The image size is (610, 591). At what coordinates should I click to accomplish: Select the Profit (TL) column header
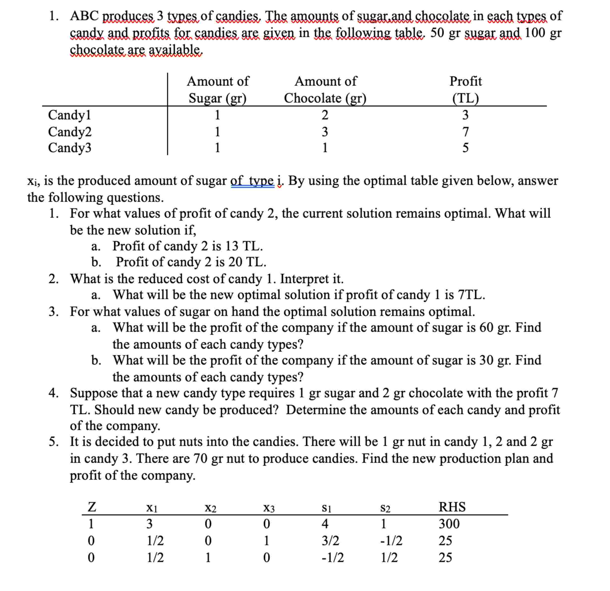point(465,90)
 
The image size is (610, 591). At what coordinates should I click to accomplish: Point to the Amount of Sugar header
point(218,90)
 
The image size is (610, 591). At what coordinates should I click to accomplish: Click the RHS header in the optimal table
point(452,507)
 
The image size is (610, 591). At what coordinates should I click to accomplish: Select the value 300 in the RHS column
point(449,524)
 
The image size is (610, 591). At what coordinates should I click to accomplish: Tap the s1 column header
point(326,508)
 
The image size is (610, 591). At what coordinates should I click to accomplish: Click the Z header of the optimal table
point(91,507)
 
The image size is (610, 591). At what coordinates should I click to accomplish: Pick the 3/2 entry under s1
point(330,541)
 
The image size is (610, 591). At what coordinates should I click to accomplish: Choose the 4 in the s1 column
point(325,524)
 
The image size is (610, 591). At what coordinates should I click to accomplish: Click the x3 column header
point(269,508)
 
